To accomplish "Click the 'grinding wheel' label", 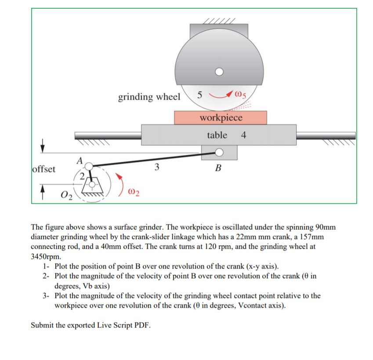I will [x=149, y=97].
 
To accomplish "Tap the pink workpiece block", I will [x=221, y=118].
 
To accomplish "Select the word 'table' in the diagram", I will [x=217, y=135].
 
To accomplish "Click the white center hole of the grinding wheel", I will [x=219, y=71].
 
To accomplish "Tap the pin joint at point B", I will [x=219, y=153].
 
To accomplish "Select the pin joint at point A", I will [x=89, y=166].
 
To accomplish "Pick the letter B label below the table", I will [x=218, y=168].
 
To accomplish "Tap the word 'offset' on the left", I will [x=44, y=169].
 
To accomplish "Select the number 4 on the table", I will [x=244, y=135].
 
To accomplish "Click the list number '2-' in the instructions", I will [x=46, y=276].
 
